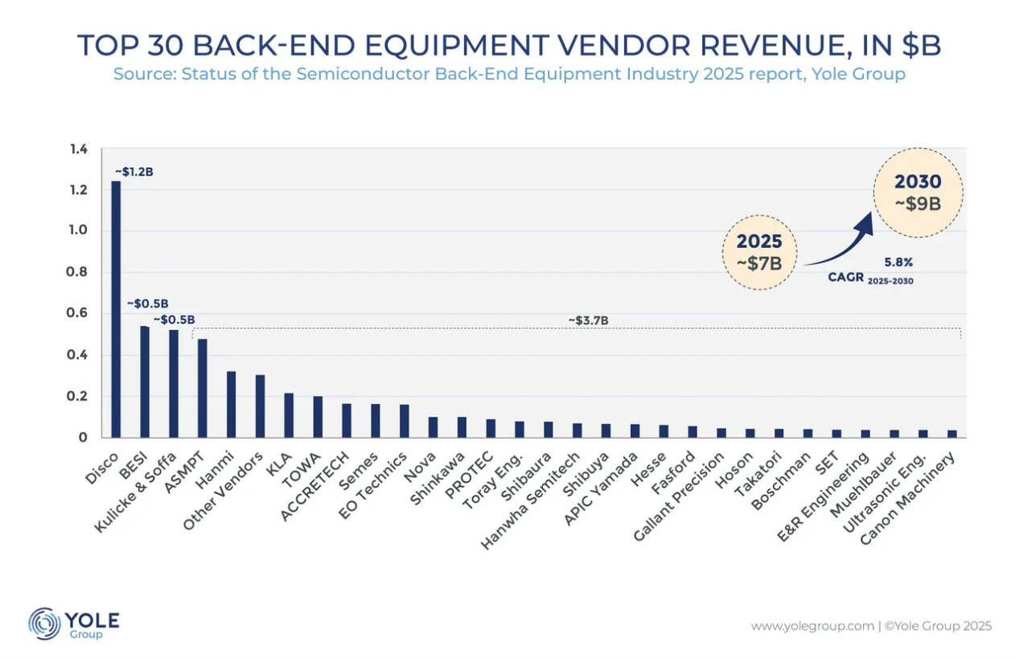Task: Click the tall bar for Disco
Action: (117, 310)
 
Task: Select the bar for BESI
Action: (145, 382)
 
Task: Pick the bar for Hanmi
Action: (232, 405)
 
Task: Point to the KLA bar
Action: (290, 415)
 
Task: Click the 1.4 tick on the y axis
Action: (78, 149)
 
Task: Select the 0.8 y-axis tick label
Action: (78, 273)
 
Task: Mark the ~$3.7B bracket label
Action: (588, 320)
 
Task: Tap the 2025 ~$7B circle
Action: (759, 252)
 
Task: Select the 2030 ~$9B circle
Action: (918, 193)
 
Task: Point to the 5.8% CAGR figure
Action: (898, 262)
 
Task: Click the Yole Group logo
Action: (74, 624)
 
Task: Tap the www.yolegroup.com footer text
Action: (812, 626)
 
